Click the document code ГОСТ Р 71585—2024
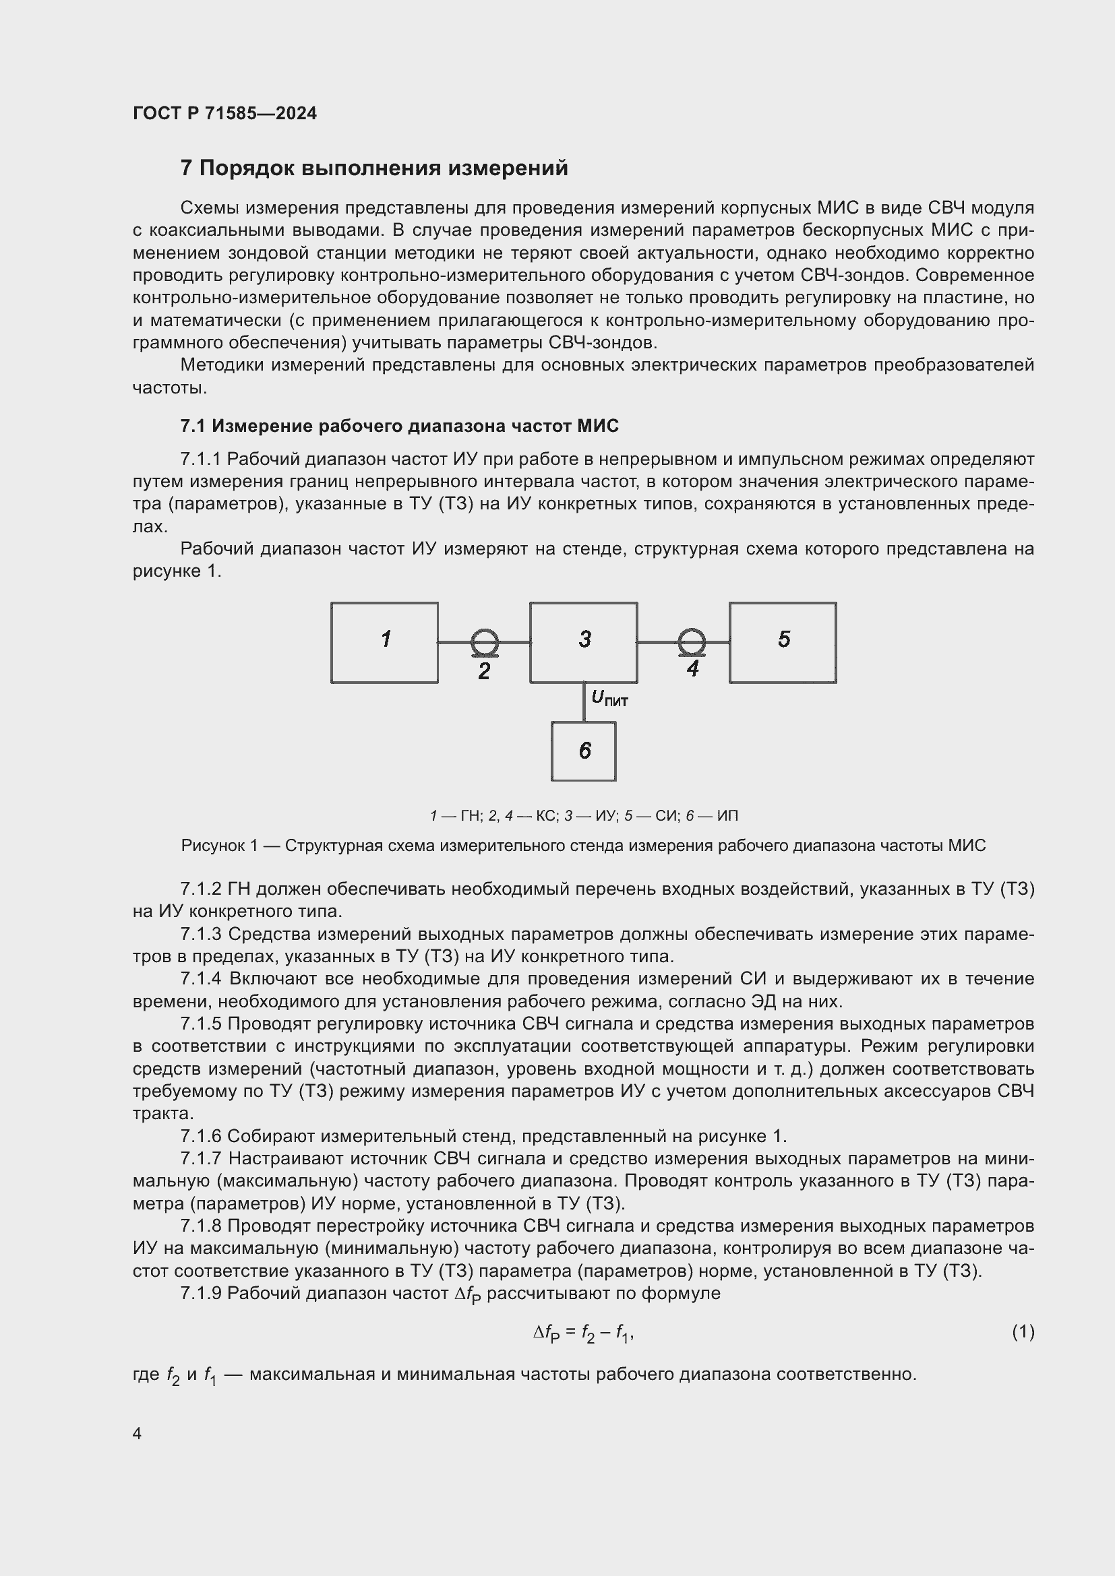(224, 113)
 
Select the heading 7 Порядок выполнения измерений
(373, 168)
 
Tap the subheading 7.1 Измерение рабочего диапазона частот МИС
(399, 427)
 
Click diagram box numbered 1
(384, 643)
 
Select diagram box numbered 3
(584, 643)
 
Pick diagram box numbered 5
(783, 643)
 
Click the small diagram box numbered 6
(584, 751)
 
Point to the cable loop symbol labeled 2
(485, 643)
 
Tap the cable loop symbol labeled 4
(692, 643)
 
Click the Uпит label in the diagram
(609, 699)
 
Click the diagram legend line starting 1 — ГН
(584, 816)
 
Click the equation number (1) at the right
(1023, 1332)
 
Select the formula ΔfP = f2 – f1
(583, 1333)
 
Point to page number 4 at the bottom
(138, 1434)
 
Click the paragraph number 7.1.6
(201, 1137)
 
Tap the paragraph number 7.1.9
(201, 1293)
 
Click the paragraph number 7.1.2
(201, 889)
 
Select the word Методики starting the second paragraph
(222, 365)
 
